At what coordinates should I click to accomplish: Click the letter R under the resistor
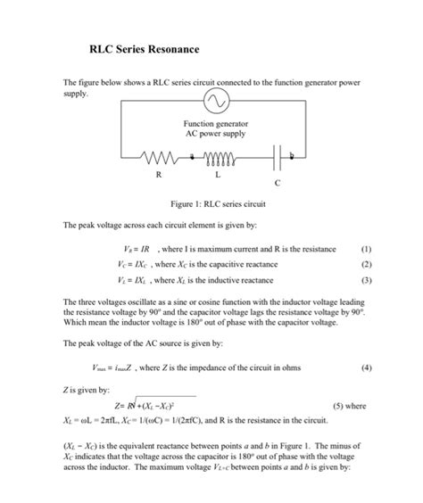coord(159,174)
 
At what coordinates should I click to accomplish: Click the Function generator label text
coord(216,123)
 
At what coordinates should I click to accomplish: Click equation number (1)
coord(367,251)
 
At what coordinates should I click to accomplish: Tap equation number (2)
coord(367,265)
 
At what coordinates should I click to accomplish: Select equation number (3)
coord(367,279)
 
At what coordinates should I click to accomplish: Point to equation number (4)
coord(367,367)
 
